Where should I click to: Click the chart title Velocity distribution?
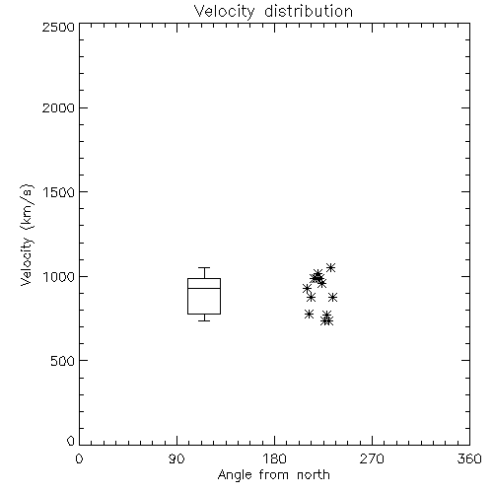[x=273, y=11]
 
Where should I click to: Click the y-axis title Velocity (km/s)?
[x=27, y=235]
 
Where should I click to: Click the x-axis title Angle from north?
[x=274, y=475]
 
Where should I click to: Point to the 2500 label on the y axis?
[x=58, y=27]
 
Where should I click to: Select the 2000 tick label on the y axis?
[x=58, y=107]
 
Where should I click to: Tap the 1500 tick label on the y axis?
[x=59, y=192]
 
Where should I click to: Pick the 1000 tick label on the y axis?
[x=59, y=276]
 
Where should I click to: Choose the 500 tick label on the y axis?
[x=63, y=361]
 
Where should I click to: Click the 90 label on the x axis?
[x=176, y=458]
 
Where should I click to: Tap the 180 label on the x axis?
[x=274, y=458]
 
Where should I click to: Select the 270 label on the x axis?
[x=372, y=458]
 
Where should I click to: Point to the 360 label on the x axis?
[x=469, y=458]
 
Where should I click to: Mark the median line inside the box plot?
[x=204, y=288]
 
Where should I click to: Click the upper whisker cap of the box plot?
[x=204, y=267]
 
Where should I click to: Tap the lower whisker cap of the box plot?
[x=204, y=320]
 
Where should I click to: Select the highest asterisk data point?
[x=330, y=267]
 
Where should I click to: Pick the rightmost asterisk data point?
[x=332, y=298]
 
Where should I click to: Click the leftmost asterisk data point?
[x=307, y=289]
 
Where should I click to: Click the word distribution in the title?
[x=309, y=11]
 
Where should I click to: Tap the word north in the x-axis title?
[x=314, y=475]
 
